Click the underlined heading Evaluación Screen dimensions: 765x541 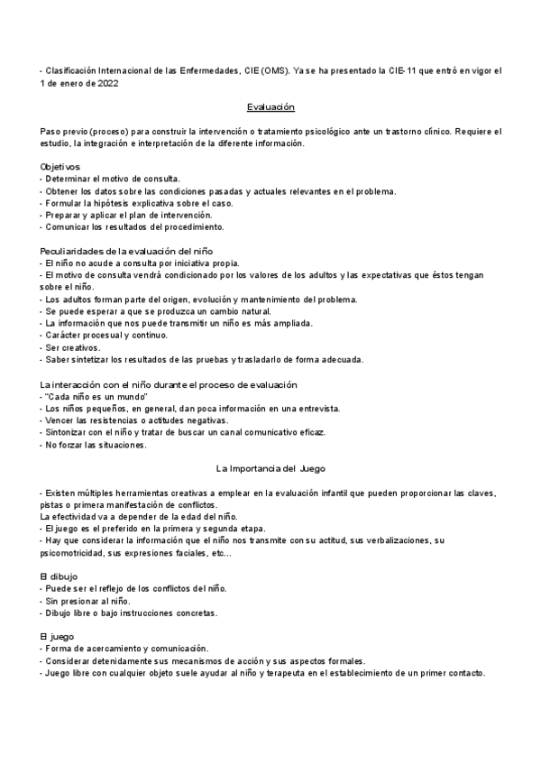click(271, 107)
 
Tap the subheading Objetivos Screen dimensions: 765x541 click(60, 167)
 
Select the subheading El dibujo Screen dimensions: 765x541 click(59, 576)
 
